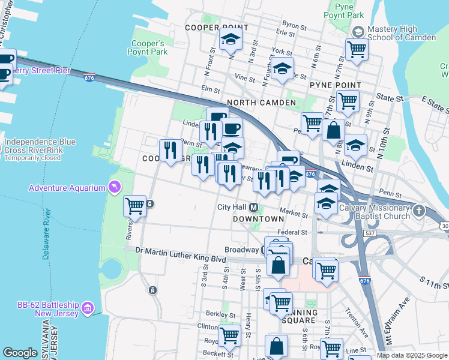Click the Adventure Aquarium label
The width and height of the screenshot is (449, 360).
pyautogui.click(x=67, y=188)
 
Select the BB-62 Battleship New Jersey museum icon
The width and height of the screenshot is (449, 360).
pyautogui.click(x=88, y=308)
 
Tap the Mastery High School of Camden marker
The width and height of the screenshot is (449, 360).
pyautogui.click(x=358, y=32)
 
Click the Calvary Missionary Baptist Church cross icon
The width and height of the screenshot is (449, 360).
pyautogui.click(x=419, y=211)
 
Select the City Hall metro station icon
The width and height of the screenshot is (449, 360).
pyautogui.click(x=254, y=208)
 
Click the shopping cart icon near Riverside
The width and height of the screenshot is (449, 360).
pyautogui.click(x=135, y=206)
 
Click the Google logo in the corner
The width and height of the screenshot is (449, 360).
pyautogui.click(x=20, y=353)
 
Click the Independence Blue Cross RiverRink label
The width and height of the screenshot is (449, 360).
pyautogui.click(x=40, y=146)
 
